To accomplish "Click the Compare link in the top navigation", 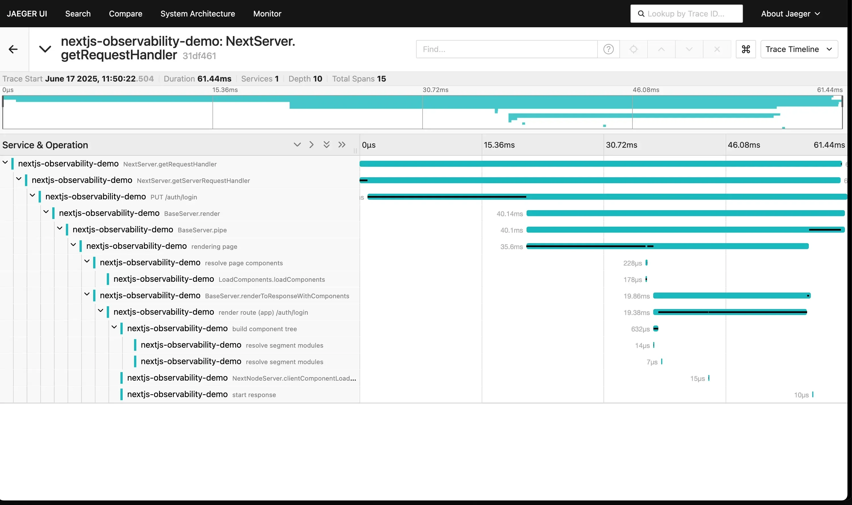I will point(126,14).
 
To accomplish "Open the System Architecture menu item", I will point(198,14).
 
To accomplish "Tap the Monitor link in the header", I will point(267,14).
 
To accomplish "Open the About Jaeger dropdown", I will point(790,14).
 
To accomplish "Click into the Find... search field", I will point(506,49).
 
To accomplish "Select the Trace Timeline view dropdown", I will point(799,49).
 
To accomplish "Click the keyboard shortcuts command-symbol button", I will point(745,49).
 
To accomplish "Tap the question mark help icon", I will point(608,49).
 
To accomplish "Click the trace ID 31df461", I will point(199,56).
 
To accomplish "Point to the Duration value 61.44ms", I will point(214,79).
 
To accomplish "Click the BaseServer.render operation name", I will point(192,214).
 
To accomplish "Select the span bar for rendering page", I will point(667,246).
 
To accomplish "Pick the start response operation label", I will point(254,395).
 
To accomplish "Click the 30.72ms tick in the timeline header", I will point(621,145).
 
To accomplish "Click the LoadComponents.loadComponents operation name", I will point(272,280).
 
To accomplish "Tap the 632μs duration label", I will point(640,329).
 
